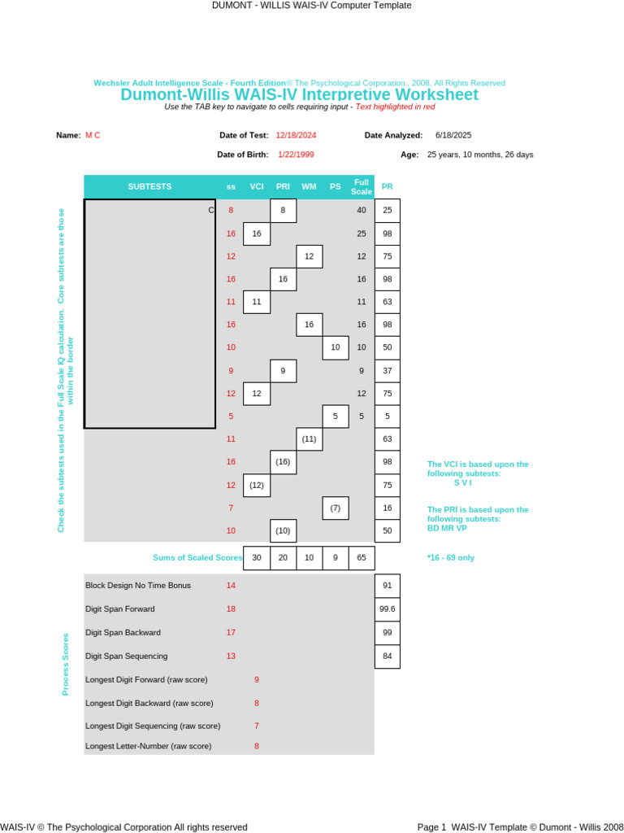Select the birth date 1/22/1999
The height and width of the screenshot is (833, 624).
tap(296, 154)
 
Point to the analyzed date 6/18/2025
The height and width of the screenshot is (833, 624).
tap(453, 135)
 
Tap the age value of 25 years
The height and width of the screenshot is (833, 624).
tap(480, 155)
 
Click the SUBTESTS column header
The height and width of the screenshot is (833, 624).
tap(149, 186)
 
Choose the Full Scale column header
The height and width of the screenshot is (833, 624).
tap(362, 186)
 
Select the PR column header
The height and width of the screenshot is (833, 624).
tap(387, 186)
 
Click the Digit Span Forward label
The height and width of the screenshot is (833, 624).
tap(120, 608)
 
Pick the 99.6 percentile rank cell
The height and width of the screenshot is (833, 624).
tap(387, 608)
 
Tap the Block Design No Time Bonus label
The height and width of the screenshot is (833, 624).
tap(138, 585)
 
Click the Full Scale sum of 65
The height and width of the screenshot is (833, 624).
tap(362, 557)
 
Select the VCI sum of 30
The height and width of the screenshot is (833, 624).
tap(257, 557)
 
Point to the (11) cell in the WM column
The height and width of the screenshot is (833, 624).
tap(309, 439)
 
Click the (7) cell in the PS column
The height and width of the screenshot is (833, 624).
tap(335, 508)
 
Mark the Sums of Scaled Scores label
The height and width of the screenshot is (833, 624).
tap(197, 557)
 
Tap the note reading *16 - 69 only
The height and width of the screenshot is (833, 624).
tap(450, 558)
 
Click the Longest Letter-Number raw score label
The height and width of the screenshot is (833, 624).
tap(149, 746)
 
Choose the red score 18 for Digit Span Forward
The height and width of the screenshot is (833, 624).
tap(231, 608)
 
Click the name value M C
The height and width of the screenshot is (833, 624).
tap(93, 135)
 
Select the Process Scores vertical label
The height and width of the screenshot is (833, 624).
tap(66, 664)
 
